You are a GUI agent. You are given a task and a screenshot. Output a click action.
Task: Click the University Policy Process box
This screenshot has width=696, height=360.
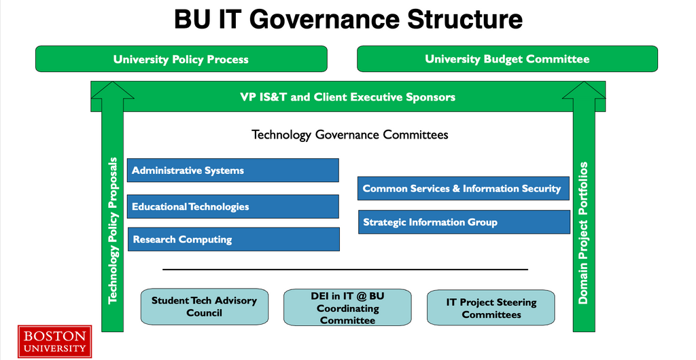coord(181,58)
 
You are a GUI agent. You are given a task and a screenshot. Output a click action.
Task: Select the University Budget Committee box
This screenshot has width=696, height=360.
coord(507,58)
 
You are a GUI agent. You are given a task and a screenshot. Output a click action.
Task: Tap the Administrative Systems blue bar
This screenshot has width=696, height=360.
coord(233,170)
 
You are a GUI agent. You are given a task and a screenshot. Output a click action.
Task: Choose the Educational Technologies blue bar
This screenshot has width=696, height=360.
coord(233,206)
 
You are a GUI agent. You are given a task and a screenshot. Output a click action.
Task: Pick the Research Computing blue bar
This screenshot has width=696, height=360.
coord(234,239)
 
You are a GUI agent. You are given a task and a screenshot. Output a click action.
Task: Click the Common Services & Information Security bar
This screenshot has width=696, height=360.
coord(464,188)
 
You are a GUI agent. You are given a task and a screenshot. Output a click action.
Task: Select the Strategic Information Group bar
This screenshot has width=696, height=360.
coord(464,222)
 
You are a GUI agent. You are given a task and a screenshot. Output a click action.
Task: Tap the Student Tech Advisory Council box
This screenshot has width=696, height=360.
coord(205,307)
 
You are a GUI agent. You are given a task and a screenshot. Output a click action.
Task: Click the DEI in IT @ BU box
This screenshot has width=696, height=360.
coord(347,308)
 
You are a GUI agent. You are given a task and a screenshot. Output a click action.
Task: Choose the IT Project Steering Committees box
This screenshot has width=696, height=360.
coord(491,308)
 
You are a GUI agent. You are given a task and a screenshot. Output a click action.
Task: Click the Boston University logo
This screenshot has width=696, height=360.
coord(54,341)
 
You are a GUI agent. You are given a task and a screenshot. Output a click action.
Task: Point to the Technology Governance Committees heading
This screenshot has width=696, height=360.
coord(350,134)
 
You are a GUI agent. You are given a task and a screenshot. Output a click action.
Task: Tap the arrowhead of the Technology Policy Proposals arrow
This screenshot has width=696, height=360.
coord(112,82)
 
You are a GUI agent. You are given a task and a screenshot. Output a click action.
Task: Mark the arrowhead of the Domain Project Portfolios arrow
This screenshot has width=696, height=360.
coord(584,82)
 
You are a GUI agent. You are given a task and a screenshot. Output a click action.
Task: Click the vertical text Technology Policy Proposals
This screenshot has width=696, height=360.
coord(114,230)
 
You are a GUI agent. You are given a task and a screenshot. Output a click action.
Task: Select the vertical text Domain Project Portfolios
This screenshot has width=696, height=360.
coord(583,233)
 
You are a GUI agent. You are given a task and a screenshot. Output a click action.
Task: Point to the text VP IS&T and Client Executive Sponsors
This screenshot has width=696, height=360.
coord(347,97)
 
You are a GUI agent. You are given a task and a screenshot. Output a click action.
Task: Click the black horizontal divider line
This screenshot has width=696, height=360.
coord(345,269)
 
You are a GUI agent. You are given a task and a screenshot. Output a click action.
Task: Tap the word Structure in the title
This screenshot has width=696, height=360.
coord(465,19)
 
